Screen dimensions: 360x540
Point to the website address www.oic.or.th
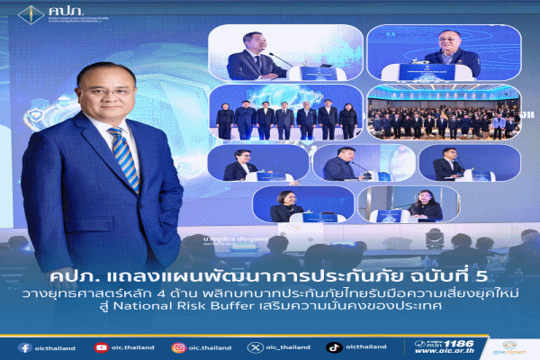click(450, 353)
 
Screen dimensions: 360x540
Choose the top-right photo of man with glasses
click(445, 52)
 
